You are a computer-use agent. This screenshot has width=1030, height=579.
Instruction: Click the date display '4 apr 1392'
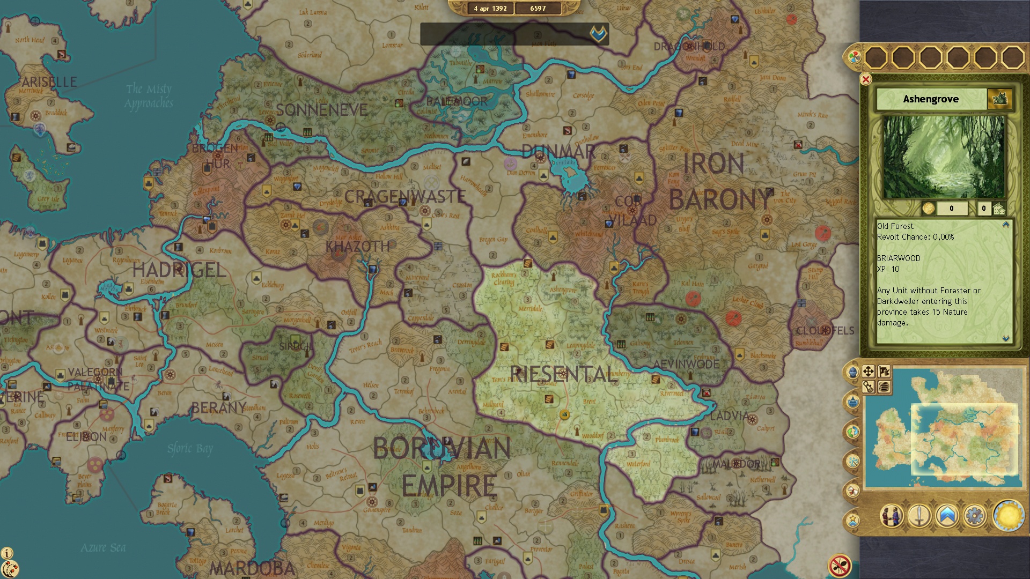[490, 9]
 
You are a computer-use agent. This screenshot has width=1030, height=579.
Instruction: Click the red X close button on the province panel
[865, 79]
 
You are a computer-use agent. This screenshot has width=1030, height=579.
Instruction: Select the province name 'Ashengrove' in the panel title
[930, 99]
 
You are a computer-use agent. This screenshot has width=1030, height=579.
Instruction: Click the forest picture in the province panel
[944, 157]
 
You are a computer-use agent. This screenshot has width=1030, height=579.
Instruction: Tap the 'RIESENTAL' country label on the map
[563, 374]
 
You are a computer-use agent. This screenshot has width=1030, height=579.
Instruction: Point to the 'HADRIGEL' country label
[179, 270]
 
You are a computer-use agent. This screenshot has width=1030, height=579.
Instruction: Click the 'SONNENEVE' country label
[321, 110]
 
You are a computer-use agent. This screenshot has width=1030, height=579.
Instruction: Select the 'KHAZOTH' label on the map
[357, 247]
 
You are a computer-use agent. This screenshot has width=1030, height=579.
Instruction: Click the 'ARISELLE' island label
[49, 82]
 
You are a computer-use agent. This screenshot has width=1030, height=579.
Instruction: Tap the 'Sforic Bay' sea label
[190, 448]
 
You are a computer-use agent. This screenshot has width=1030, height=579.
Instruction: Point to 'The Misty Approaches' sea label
[149, 96]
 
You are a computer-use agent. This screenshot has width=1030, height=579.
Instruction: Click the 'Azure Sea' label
[103, 547]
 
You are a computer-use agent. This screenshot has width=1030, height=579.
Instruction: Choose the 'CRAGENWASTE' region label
[404, 197]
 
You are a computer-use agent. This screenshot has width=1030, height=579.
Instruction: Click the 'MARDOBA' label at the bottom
[252, 568]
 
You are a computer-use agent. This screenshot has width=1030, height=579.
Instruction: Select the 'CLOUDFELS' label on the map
[825, 331]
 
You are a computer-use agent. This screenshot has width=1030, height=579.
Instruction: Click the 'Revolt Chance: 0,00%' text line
[915, 237]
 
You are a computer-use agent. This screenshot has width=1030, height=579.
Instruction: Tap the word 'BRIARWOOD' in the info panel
[899, 258]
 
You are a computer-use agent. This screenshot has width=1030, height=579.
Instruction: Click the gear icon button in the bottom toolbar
[974, 516]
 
